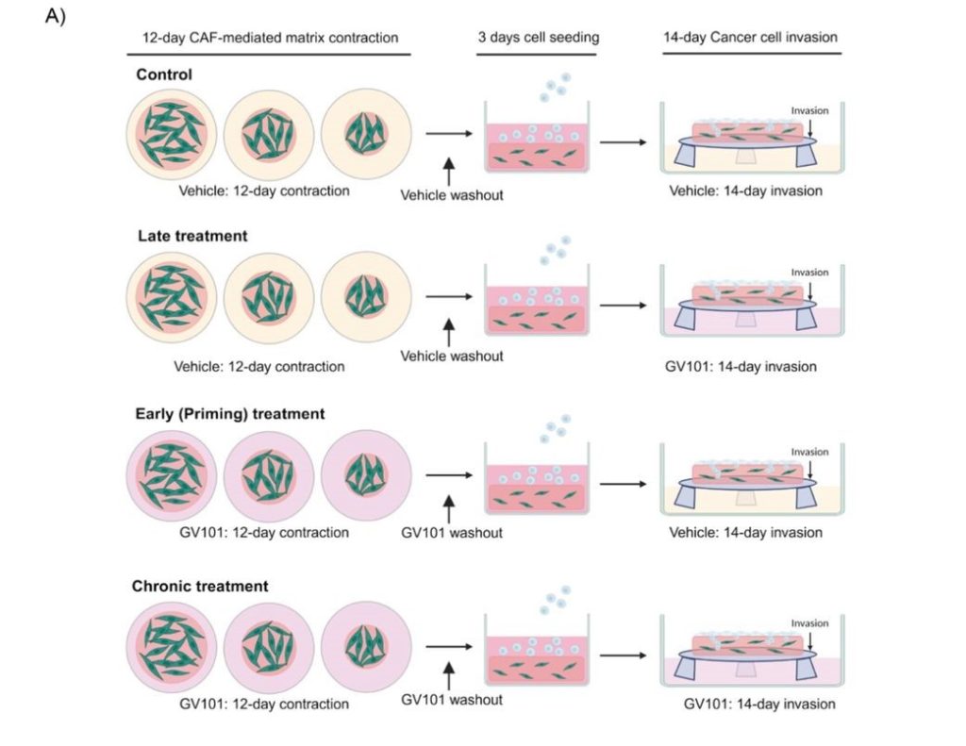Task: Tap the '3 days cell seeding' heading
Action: click(538, 38)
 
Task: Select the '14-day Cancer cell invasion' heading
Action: click(750, 38)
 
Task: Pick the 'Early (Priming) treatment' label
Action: click(230, 413)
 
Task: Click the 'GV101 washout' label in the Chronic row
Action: click(452, 700)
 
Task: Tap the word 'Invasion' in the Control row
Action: click(810, 110)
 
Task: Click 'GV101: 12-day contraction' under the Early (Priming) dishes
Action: click(264, 532)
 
